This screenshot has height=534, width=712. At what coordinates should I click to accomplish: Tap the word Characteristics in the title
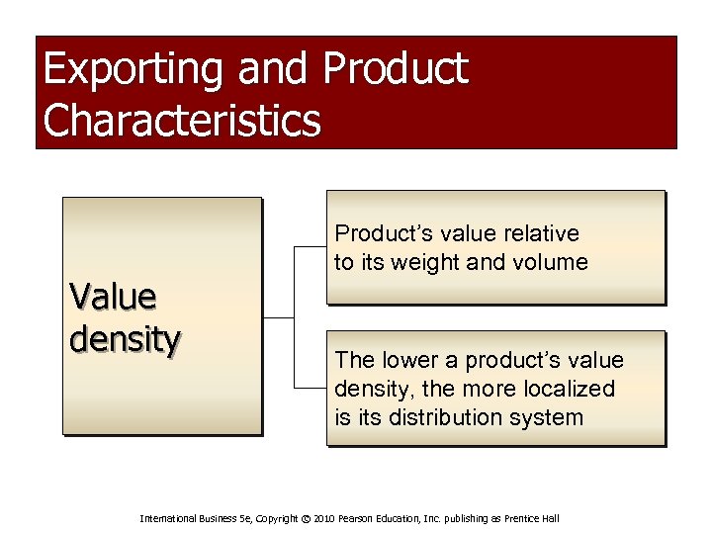(x=183, y=121)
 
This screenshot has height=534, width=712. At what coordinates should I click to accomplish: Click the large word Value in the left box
(x=113, y=296)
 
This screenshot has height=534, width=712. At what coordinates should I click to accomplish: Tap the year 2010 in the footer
(x=328, y=518)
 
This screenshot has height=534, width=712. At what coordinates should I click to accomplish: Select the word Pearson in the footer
(x=361, y=518)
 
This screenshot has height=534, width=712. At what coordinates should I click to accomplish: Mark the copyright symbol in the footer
(x=306, y=518)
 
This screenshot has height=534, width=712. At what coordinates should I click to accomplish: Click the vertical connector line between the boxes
(x=295, y=316)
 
